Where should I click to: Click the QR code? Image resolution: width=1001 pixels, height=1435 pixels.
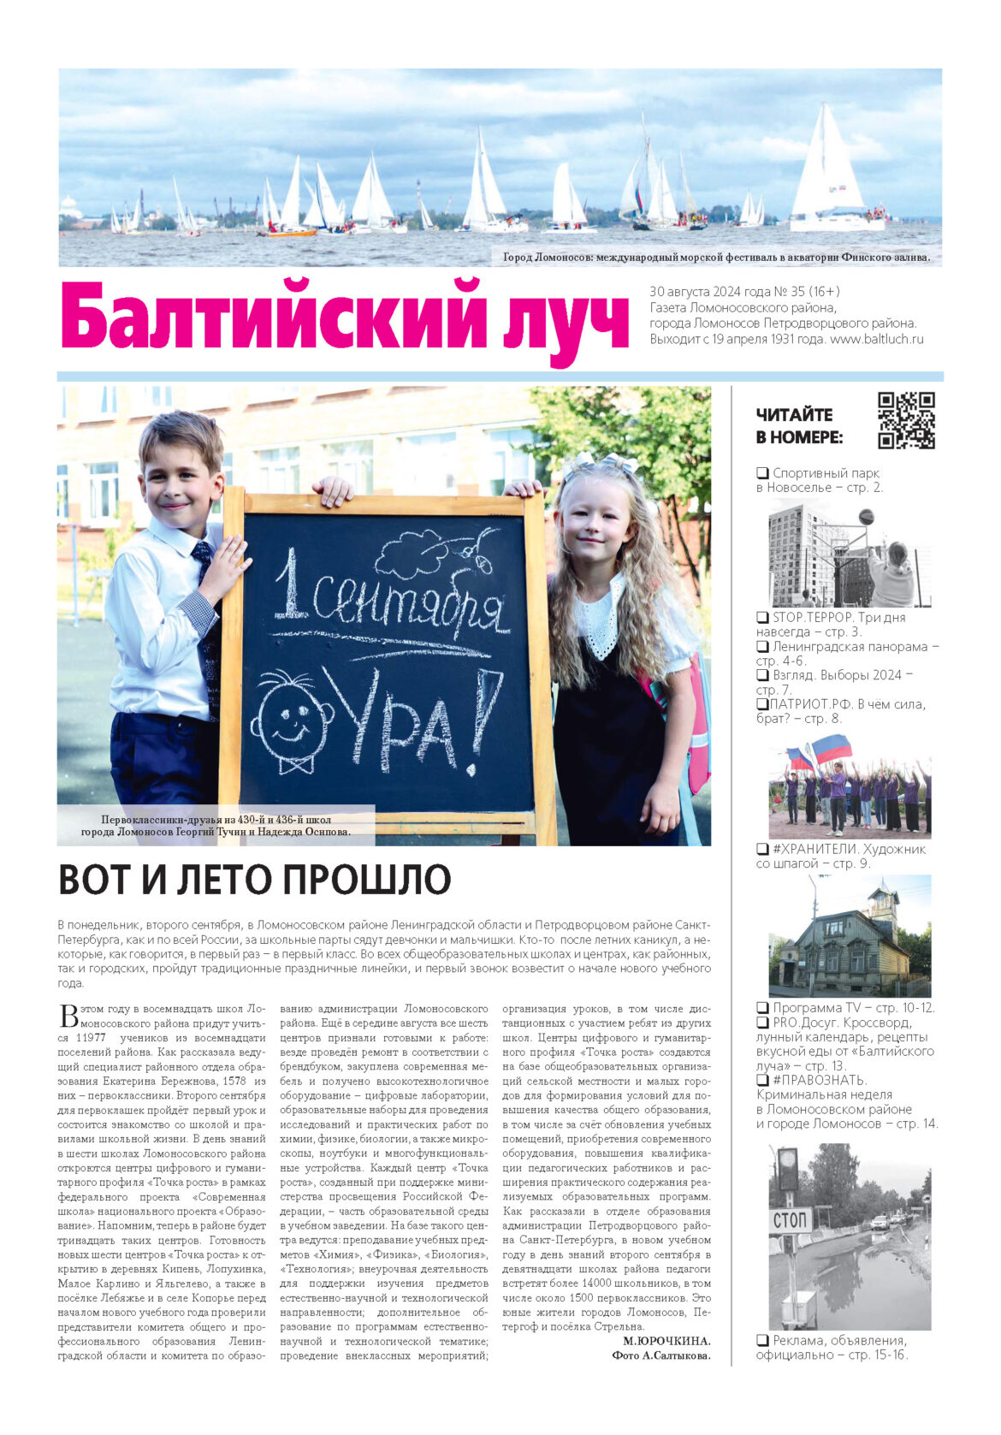[x=905, y=420]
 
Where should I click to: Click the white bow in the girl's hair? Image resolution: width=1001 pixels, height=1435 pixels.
[x=606, y=463]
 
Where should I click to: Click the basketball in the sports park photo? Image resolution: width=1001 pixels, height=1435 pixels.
[x=866, y=517]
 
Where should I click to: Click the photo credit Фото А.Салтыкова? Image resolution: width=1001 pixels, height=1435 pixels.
[x=660, y=1355]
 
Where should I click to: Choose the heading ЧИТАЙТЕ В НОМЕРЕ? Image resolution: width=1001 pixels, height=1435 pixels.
[x=798, y=425]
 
